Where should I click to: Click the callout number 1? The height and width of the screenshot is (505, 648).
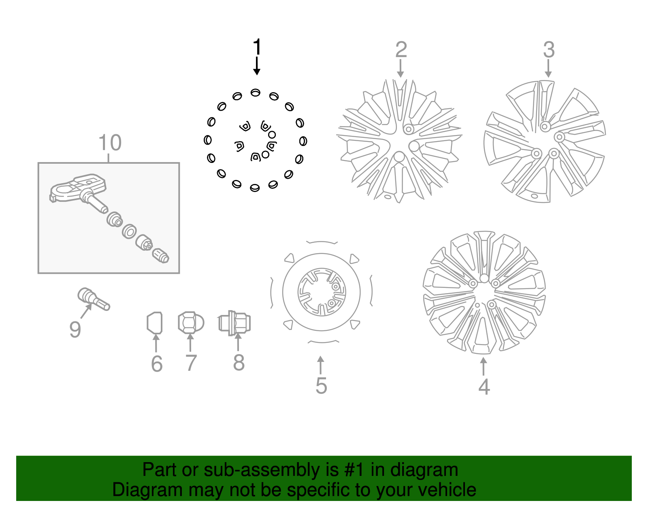pos(257,47)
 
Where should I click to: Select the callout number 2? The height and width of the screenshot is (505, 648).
pos(401,50)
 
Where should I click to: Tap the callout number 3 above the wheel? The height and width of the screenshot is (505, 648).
pos(548,50)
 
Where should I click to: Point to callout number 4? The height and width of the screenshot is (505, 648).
pos(484,387)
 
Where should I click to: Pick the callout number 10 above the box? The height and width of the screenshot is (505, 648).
pos(110,143)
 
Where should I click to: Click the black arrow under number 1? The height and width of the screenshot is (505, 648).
pos(257,66)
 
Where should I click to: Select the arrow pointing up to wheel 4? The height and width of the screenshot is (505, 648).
pos(483,366)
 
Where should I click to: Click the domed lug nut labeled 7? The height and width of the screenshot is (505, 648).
pos(191,323)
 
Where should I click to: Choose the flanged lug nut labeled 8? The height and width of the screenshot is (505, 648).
pos(235,323)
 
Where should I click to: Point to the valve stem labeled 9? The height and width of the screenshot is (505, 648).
pos(94,300)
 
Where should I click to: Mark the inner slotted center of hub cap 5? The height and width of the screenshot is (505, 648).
pos(322,292)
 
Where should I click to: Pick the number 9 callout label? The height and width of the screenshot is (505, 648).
pos(75,330)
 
